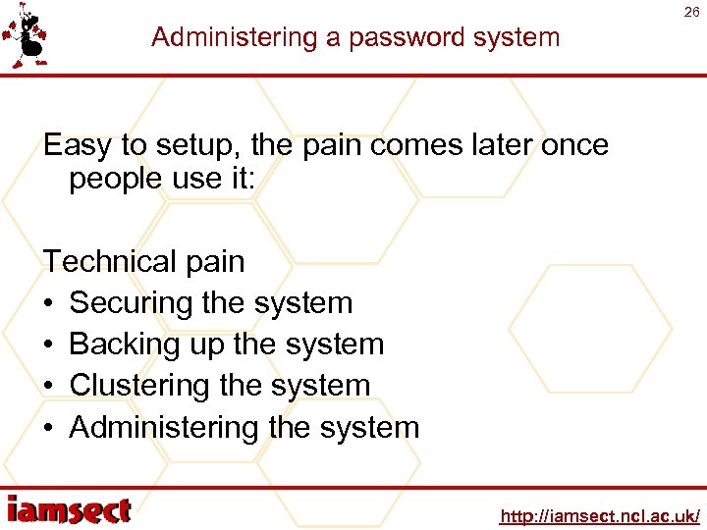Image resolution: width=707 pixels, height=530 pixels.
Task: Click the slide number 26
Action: tap(691, 13)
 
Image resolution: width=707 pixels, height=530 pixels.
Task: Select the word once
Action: tap(571, 146)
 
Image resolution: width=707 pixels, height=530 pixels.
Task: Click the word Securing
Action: tap(132, 303)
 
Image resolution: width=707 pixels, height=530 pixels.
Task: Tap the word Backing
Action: tap(126, 344)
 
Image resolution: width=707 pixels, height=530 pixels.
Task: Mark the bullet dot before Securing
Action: tap(49, 303)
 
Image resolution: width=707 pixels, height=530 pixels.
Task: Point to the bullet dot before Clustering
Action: tap(49, 386)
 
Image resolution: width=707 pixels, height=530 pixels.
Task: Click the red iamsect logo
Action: tap(69, 509)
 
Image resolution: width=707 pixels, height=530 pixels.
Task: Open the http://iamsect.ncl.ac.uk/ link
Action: tap(599, 516)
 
